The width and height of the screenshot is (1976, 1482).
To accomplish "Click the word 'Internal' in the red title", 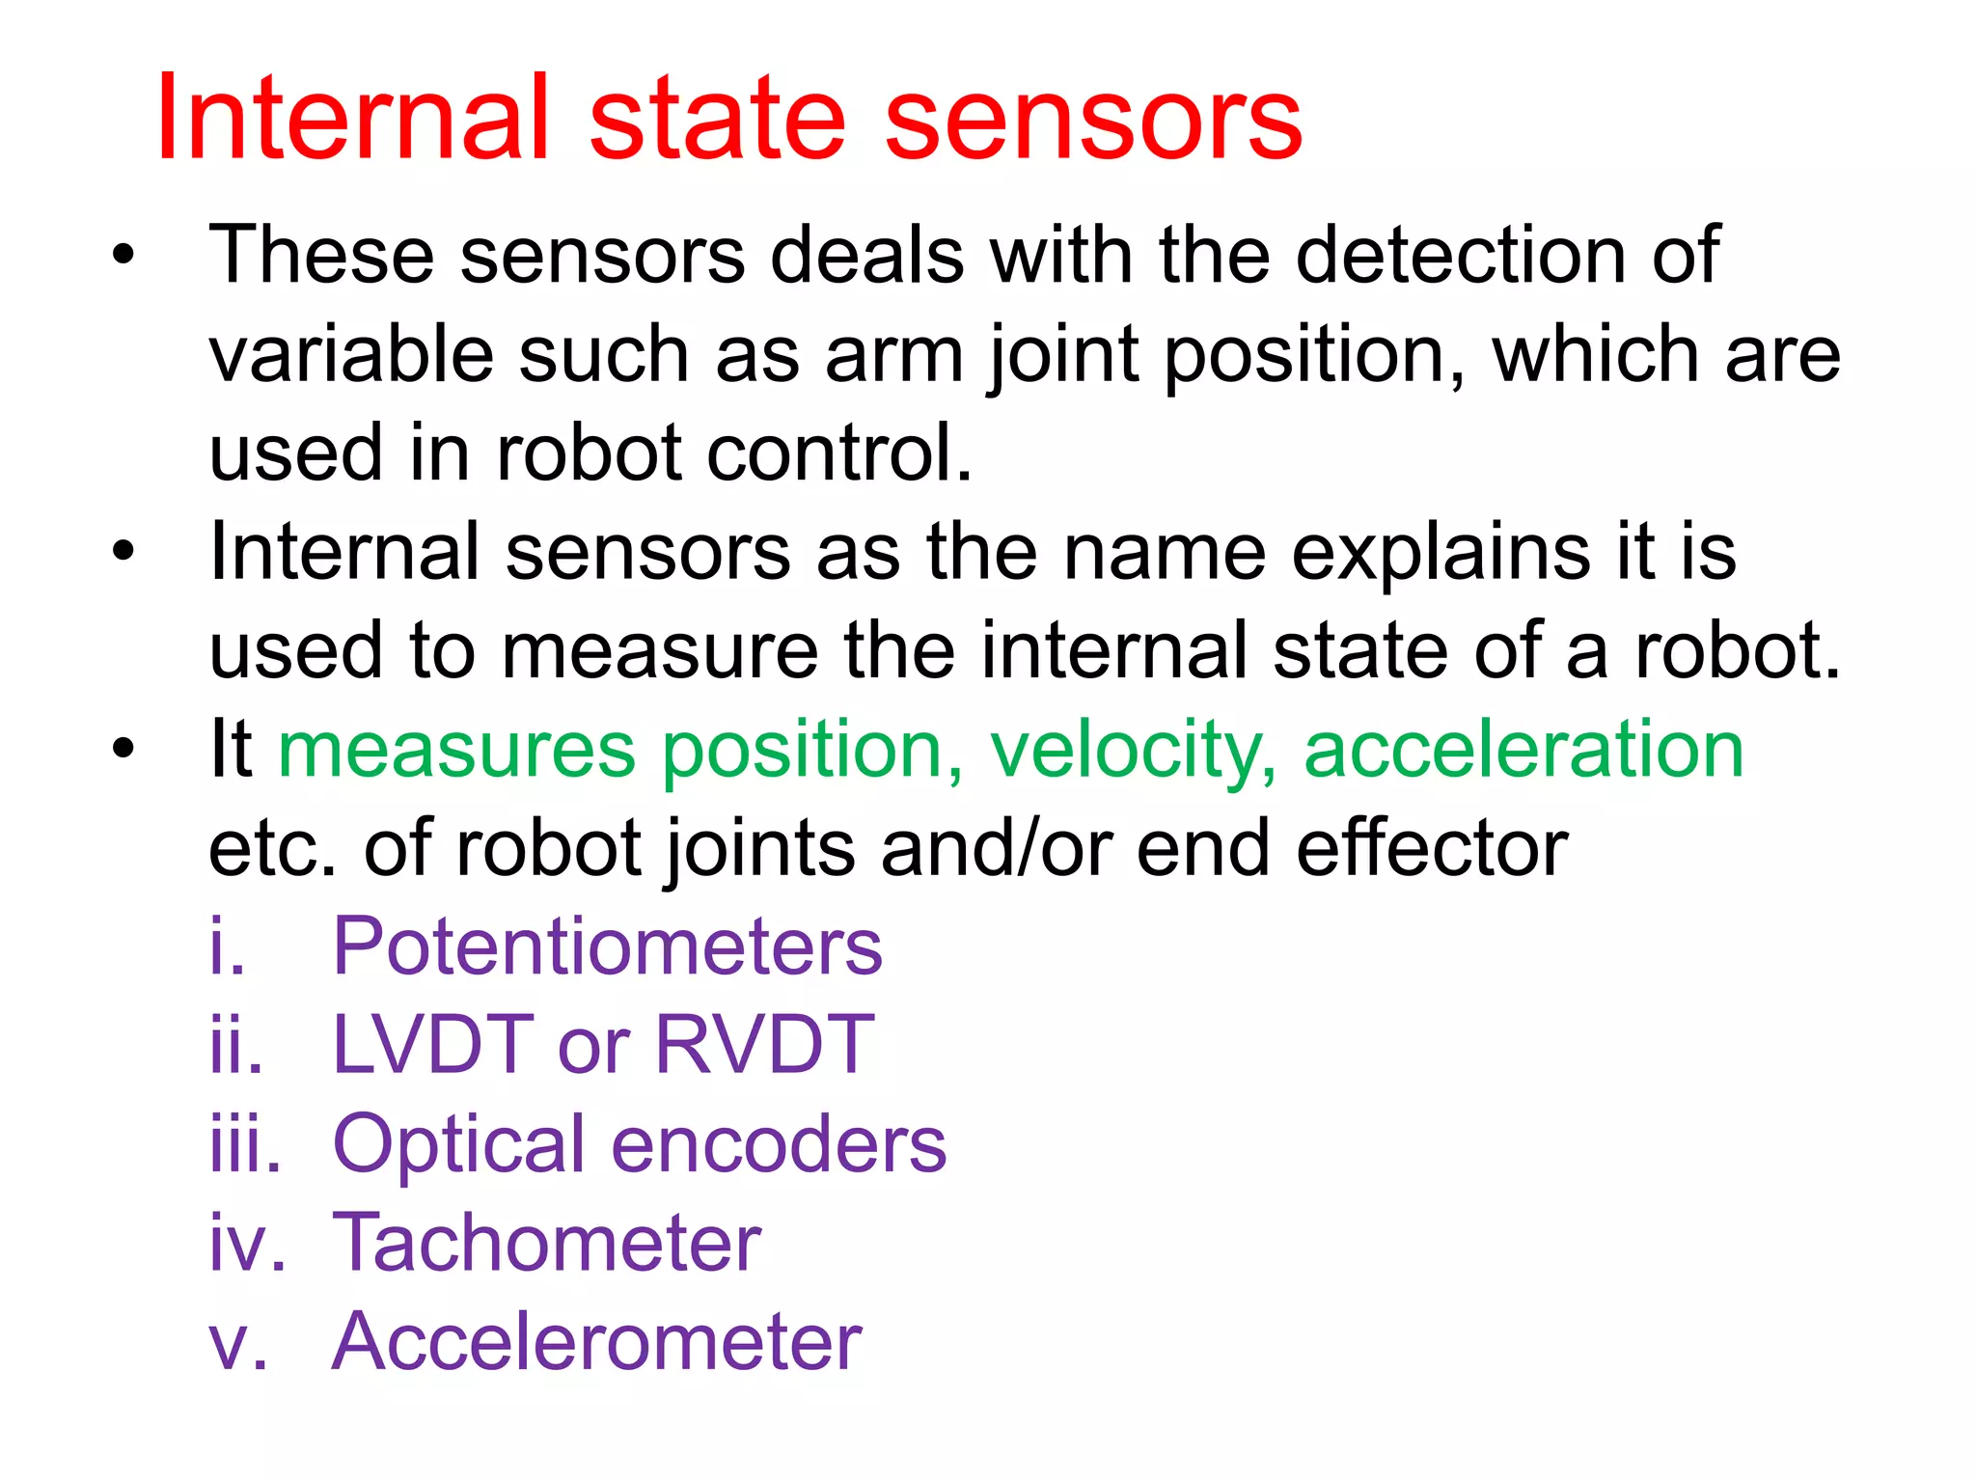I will (353, 120).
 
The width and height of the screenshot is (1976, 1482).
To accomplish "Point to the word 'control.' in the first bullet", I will (839, 453).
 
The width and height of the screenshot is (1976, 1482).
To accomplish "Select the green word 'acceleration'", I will (1523, 750).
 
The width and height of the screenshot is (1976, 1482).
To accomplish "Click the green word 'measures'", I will (456, 750).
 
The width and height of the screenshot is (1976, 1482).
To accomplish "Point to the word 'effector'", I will (1432, 848).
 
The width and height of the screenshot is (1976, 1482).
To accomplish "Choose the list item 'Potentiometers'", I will (607, 947).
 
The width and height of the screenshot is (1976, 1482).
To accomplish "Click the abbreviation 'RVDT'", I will (764, 1046).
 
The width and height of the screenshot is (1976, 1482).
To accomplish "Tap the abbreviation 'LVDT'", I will (432, 1046).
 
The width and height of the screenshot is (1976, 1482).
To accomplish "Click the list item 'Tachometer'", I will (546, 1244).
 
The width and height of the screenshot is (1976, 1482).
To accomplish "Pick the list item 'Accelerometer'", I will (596, 1342).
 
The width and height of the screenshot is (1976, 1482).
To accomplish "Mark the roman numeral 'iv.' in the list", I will (247, 1244).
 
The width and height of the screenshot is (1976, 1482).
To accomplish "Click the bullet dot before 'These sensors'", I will (123, 257).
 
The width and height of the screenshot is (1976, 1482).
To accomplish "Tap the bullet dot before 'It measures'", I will (123, 750).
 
